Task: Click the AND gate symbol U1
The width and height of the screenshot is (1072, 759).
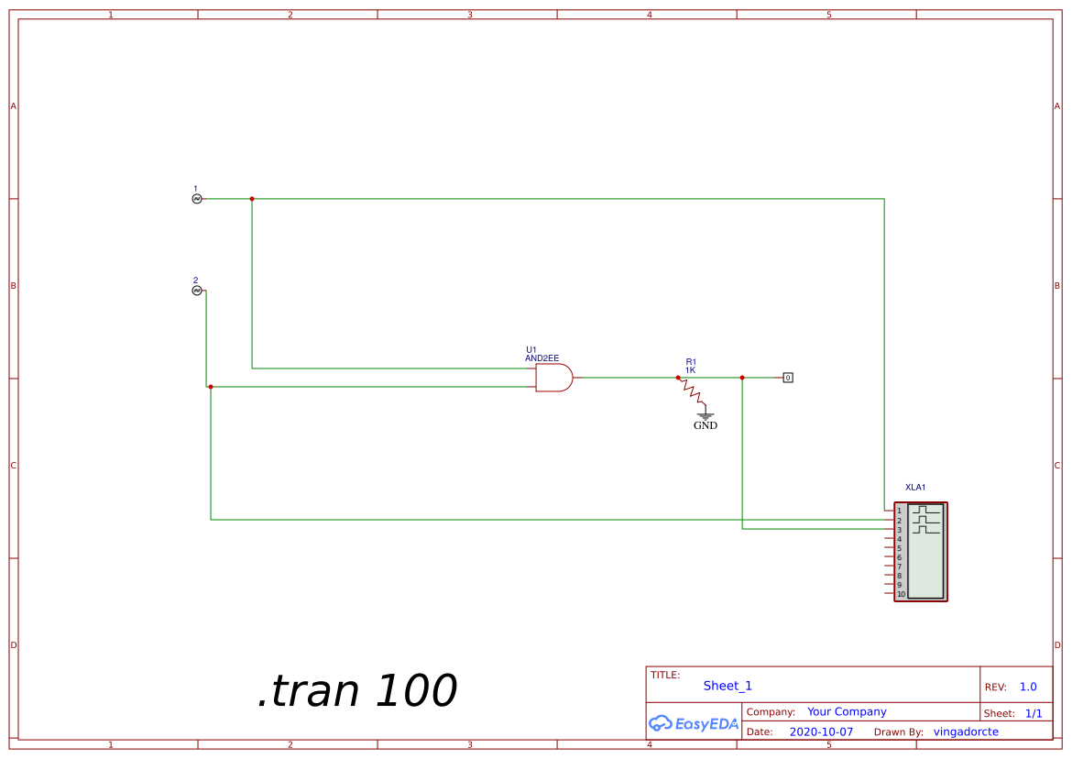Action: tap(553, 378)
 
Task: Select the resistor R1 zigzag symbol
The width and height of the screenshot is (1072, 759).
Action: tap(691, 390)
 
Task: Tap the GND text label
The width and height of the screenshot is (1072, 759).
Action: tap(706, 425)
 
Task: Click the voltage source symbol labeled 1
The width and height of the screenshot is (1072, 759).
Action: tap(197, 199)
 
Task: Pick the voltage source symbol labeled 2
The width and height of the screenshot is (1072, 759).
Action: tap(197, 291)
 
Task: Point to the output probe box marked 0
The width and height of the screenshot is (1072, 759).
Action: tap(788, 378)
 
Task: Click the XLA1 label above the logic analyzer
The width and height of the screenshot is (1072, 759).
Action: tap(915, 488)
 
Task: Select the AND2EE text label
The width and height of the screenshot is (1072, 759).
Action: tap(542, 358)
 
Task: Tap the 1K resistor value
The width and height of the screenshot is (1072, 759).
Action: tap(691, 370)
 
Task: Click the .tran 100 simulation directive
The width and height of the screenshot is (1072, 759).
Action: tap(357, 690)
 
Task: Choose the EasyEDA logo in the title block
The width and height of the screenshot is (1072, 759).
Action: tap(694, 723)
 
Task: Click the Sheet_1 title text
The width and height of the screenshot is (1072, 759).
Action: tap(727, 686)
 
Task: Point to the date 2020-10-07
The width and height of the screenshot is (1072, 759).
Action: tap(821, 731)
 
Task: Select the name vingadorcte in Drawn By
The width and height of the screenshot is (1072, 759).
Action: tap(966, 731)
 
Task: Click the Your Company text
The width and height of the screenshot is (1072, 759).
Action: tap(847, 712)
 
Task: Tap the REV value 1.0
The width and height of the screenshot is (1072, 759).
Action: tap(1028, 687)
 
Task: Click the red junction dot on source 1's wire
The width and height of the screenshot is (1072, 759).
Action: tap(252, 199)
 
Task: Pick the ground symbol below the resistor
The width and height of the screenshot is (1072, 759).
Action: tap(706, 415)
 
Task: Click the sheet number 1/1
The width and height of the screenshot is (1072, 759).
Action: tap(1034, 713)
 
